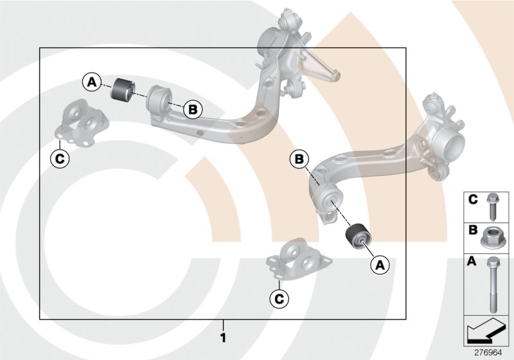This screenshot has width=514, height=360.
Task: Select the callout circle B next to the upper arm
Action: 192,109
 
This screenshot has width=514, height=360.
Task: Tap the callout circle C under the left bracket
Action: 60,157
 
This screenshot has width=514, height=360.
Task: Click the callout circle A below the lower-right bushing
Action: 378,264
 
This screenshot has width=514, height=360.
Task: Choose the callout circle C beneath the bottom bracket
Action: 278,298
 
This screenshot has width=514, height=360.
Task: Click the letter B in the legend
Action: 472,230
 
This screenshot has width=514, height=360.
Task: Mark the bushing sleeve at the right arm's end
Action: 327,203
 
